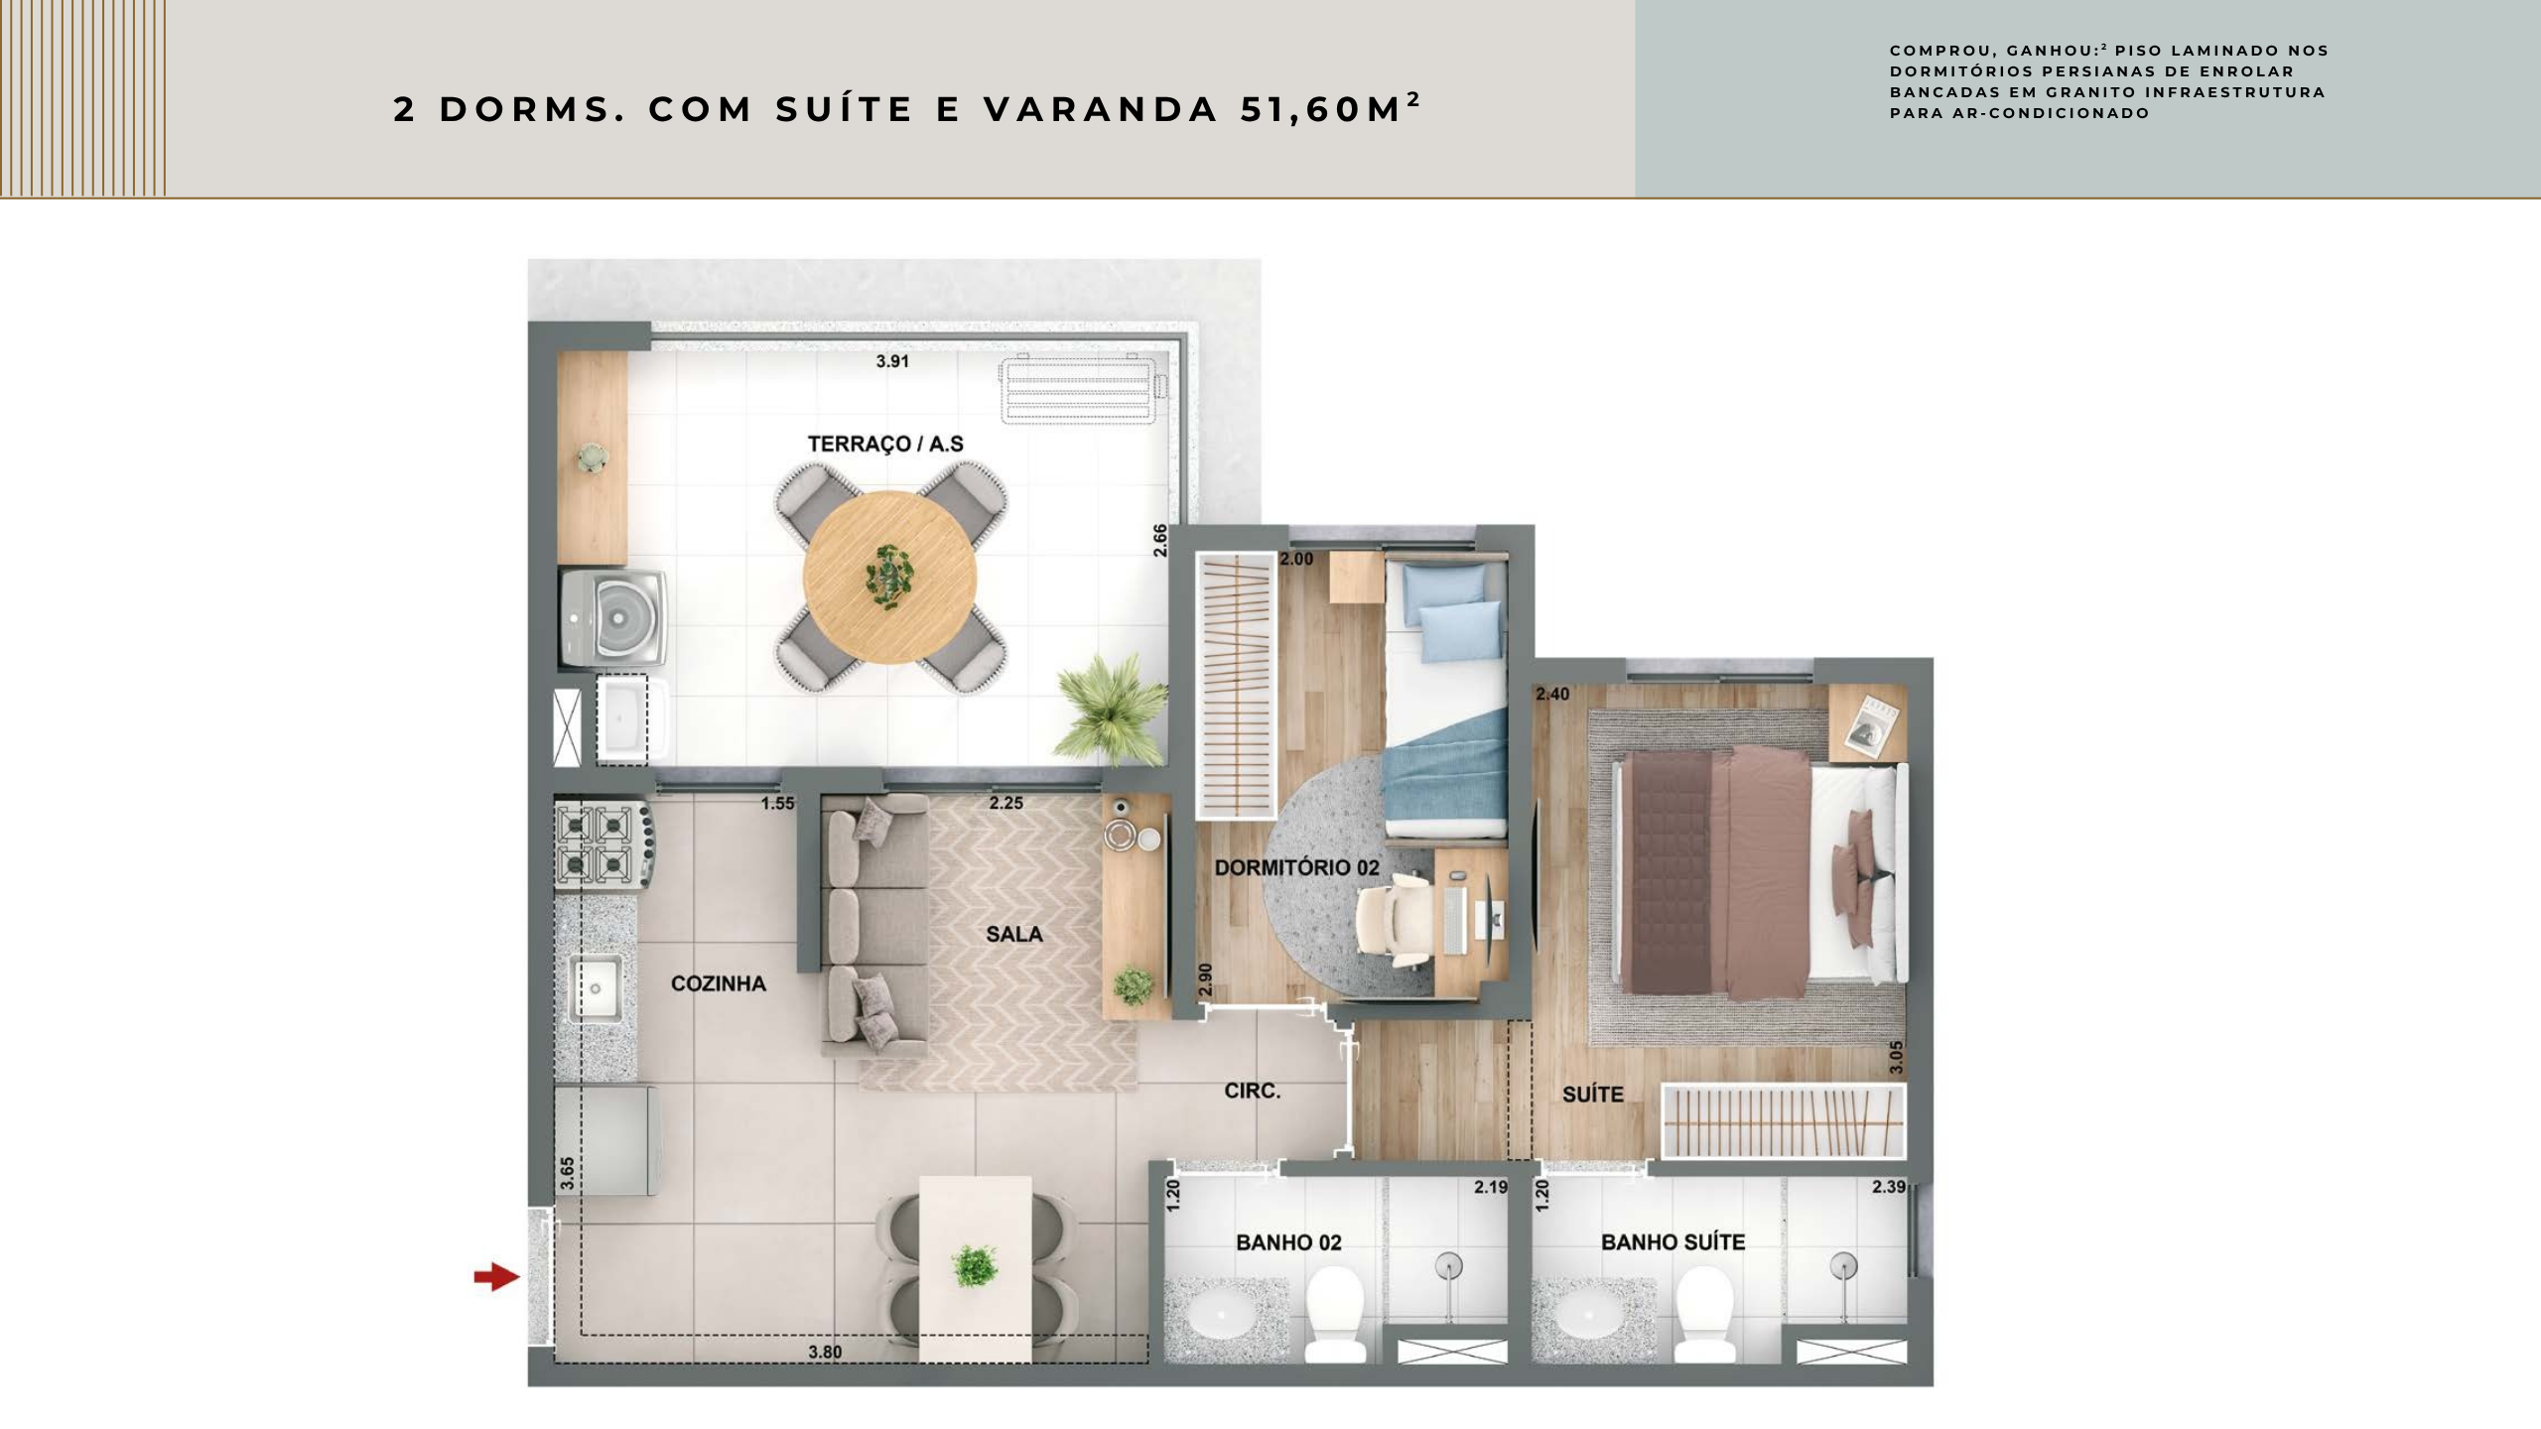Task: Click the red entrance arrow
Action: pyautogui.click(x=496, y=1277)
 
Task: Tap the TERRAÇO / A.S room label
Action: pyautogui.click(x=885, y=444)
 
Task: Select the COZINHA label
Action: pyautogui.click(x=719, y=983)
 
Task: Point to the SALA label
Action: pyautogui.click(x=1014, y=934)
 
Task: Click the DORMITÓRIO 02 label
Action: pyautogui.click(x=1297, y=867)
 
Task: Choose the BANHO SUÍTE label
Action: pyautogui.click(x=1672, y=1241)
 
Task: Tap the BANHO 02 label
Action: pyautogui.click(x=1288, y=1242)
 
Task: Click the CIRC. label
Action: pyautogui.click(x=1253, y=1091)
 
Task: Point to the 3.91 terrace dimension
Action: pyautogui.click(x=892, y=361)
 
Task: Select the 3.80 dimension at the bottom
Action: pyautogui.click(x=825, y=1352)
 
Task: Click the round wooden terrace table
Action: pyautogui.click(x=889, y=577)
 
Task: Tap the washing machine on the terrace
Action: pyautogui.click(x=611, y=616)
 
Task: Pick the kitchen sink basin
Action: pyautogui.click(x=595, y=988)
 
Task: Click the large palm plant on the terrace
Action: pyautogui.click(x=1111, y=708)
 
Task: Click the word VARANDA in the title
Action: pyautogui.click(x=1101, y=109)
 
